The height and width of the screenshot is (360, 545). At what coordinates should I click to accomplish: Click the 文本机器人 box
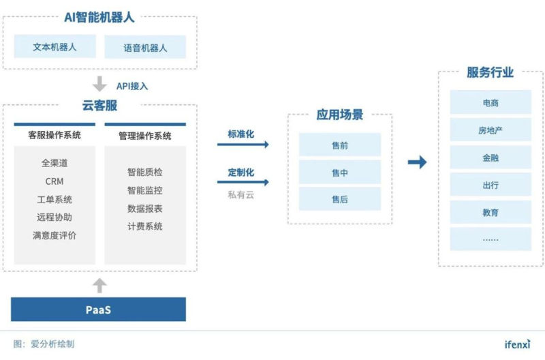(55, 46)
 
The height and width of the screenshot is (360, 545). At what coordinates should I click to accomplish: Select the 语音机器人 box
(145, 47)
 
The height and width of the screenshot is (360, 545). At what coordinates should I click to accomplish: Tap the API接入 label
(132, 86)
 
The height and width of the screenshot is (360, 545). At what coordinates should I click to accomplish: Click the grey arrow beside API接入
(99, 84)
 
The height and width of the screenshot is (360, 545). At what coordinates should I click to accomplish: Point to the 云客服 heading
(99, 106)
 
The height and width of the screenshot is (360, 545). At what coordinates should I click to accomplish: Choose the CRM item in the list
(54, 181)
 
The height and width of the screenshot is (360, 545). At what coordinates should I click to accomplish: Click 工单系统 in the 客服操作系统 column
(54, 199)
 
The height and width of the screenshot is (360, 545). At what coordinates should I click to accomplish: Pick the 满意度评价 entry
(54, 235)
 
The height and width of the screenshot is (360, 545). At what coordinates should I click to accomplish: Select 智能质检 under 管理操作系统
(145, 172)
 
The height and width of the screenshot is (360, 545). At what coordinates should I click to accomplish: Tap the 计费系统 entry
(145, 226)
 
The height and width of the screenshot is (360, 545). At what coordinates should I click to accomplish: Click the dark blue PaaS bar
(98, 310)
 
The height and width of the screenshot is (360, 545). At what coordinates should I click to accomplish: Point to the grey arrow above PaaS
(99, 286)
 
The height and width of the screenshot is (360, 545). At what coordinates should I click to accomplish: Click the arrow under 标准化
(243, 145)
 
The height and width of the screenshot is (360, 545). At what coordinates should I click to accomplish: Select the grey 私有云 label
(241, 195)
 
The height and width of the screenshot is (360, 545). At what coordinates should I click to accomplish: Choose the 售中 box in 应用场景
(340, 172)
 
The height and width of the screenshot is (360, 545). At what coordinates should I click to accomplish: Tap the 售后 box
(340, 199)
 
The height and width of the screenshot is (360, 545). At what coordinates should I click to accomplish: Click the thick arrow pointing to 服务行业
(417, 162)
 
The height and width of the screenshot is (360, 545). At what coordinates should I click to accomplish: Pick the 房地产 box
(490, 130)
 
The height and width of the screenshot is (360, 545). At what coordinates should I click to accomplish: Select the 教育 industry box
(490, 212)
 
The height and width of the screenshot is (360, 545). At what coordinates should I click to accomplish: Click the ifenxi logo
(518, 344)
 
